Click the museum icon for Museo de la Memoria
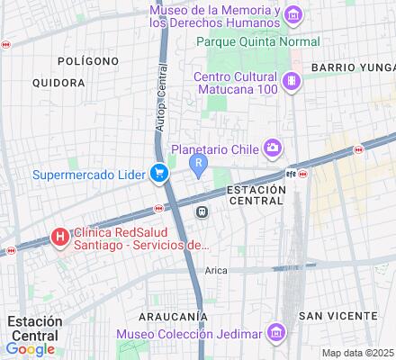point(292,14)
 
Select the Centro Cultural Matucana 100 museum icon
point(291,82)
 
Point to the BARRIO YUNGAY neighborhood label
point(352,67)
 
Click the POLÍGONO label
point(87,61)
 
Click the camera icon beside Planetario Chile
point(272,148)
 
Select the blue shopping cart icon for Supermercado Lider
point(159,174)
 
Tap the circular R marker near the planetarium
point(198,163)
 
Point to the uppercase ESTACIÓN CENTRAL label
point(256,196)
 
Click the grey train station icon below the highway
point(202,211)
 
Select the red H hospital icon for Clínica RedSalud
point(59,238)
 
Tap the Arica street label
point(215,270)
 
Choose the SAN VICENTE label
point(337,315)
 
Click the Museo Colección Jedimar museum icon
point(277,334)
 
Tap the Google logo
point(30,349)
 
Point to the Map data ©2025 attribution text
point(357,352)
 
